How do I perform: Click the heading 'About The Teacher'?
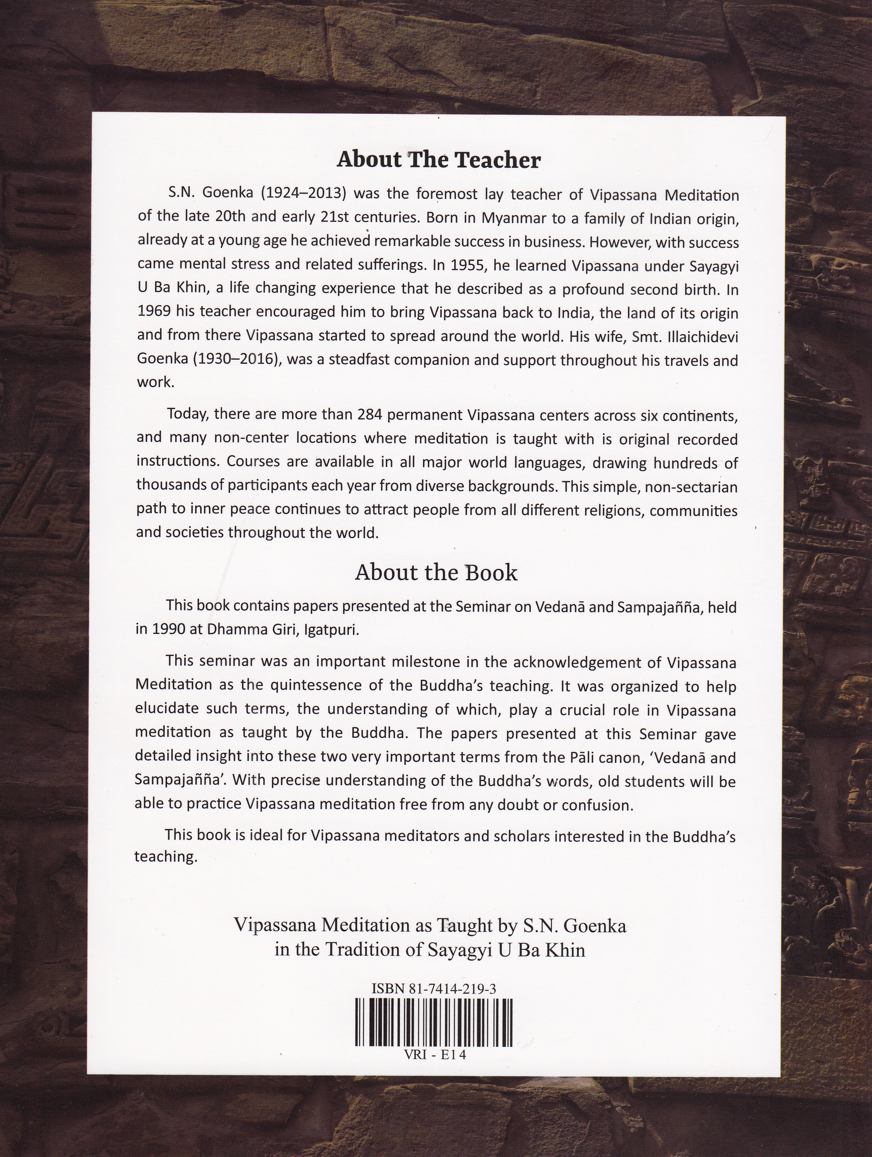438,160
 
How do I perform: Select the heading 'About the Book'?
436,573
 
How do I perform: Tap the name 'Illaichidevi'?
699,337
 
